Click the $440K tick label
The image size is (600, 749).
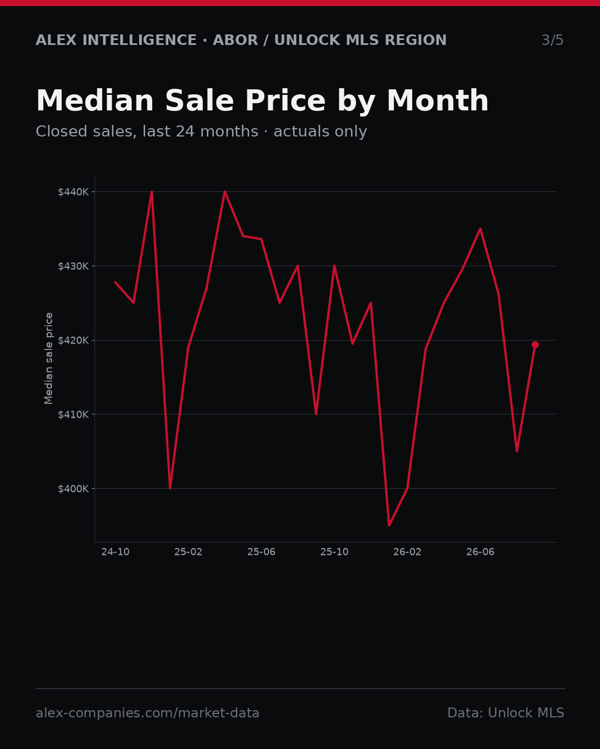pos(73,192)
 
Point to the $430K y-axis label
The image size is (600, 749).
pos(73,266)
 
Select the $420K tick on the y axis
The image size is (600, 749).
pos(73,341)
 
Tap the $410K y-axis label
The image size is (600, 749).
pos(73,414)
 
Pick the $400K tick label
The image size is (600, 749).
pos(73,489)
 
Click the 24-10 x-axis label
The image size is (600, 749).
pos(116,552)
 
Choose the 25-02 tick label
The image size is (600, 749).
pos(188,552)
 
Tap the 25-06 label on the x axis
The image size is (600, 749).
pos(262,552)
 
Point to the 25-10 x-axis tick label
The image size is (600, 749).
pos(334,552)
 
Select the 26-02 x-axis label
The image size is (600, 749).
pos(407,552)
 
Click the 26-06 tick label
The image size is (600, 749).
pos(481,552)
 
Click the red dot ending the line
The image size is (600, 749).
pos(535,345)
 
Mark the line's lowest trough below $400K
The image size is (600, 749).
pos(389,525)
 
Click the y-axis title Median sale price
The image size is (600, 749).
pos(48,358)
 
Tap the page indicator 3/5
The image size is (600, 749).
pos(553,40)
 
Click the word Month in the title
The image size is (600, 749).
pos(438,101)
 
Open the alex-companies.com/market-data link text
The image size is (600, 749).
pos(147,713)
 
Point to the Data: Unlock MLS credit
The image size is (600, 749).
pos(506,713)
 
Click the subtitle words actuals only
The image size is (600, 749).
pos(320,131)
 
